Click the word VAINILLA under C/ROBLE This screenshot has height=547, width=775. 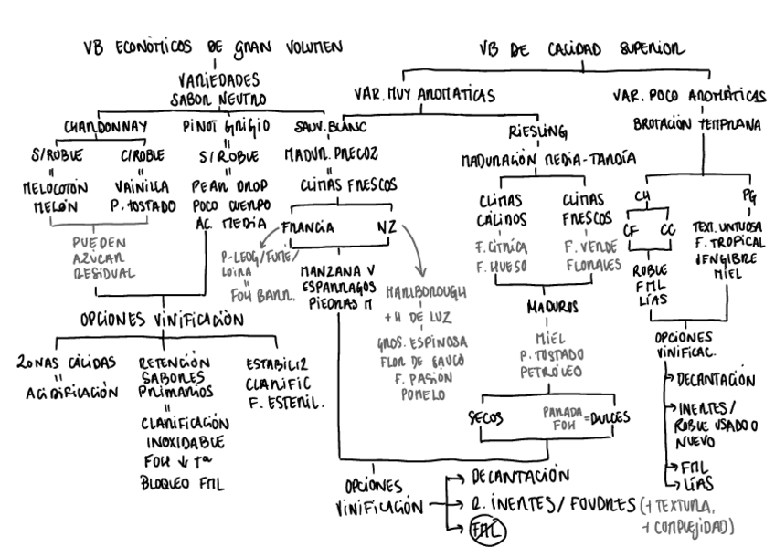[145, 188]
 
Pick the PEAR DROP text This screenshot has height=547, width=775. [228, 188]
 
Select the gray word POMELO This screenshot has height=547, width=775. [422, 395]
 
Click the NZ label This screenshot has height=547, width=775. [387, 227]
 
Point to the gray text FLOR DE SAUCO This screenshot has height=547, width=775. [422, 361]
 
